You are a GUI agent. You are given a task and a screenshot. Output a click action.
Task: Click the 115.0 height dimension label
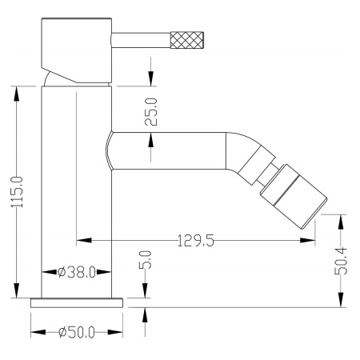click(17, 192)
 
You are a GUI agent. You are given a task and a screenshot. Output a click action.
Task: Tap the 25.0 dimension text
click(151, 112)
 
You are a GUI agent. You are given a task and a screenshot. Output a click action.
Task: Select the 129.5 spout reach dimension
click(196, 241)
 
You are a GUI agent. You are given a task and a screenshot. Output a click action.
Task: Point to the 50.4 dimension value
click(341, 261)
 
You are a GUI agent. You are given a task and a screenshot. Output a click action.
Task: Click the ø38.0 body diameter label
click(77, 272)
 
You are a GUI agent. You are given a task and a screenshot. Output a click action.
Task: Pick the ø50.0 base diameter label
click(77, 332)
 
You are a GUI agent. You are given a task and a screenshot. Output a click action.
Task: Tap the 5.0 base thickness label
click(146, 259)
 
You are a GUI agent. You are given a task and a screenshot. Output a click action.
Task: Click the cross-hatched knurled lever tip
click(187, 40)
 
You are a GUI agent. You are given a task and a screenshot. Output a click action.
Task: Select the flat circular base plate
click(77, 303)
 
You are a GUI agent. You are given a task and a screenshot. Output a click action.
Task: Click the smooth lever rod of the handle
click(141, 40)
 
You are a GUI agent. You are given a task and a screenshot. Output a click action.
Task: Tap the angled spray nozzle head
click(294, 197)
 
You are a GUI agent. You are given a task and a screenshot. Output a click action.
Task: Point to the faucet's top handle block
click(77, 50)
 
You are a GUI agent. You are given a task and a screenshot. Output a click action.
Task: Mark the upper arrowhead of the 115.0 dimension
click(17, 94)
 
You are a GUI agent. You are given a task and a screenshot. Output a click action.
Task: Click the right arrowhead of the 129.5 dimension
click(307, 241)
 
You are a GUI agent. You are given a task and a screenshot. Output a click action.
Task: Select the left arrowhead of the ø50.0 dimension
click(38, 332)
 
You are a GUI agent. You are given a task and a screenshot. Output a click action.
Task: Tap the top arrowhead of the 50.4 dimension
click(341, 222)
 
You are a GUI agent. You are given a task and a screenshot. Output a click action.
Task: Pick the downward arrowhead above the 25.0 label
click(151, 78)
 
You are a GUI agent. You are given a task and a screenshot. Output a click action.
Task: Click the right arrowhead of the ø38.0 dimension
click(104, 272)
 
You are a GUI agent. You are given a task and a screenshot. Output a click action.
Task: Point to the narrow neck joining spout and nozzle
click(268, 174)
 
